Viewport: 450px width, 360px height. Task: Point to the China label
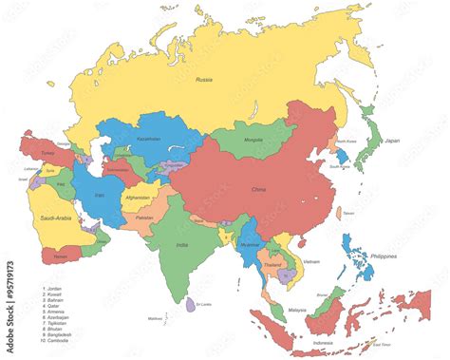[x=258, y=189]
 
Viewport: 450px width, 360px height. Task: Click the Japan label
[x=391, y=141]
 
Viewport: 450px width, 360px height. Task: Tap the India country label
[x=181, y=245]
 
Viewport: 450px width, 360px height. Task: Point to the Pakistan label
[x=144, y=218]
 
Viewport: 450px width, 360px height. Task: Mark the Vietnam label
[x=310, y=259]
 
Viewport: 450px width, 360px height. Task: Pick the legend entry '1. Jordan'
[x=54, y=288]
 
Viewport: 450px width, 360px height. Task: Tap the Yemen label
[x=61, y=256]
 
